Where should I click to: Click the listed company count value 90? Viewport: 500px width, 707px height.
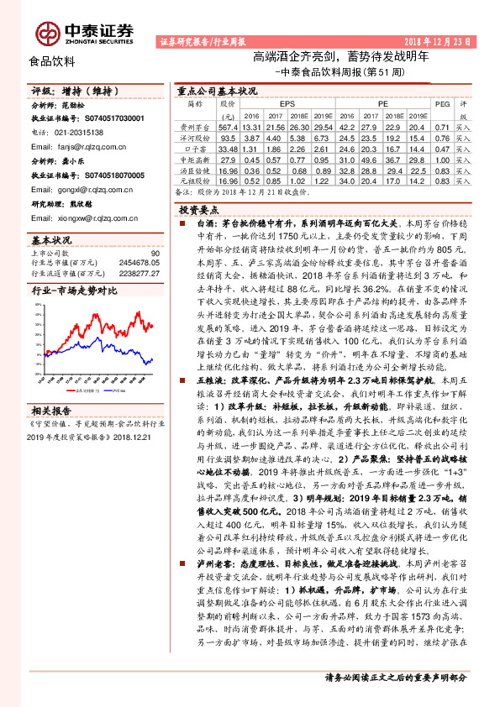pos(155,253)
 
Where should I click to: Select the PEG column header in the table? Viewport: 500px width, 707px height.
pos(441,103)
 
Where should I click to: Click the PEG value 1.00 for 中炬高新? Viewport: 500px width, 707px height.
pos(441,157)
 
